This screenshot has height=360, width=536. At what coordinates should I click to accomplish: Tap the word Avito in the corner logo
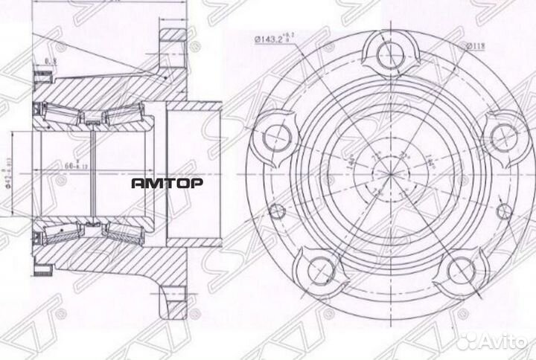pos(500,341)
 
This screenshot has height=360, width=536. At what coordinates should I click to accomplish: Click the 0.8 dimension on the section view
pos(52,62)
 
